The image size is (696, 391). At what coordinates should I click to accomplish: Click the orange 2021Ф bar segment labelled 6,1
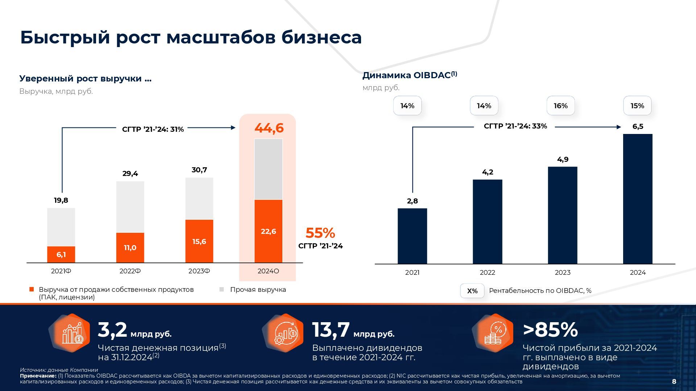click(x=61, y=255)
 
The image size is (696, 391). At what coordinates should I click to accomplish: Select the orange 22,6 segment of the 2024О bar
click(x=268, y=231)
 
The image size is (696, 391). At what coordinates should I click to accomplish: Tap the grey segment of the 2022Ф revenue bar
click(x=130, y=207)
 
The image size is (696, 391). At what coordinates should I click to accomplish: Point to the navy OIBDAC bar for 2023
click(x=562, y=215)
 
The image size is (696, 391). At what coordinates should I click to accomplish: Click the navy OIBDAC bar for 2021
click(x=412, y=236)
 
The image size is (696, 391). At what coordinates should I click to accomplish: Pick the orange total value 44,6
click(x=269, y=128)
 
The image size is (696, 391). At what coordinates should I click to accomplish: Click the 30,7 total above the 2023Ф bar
click(x=199, y=170)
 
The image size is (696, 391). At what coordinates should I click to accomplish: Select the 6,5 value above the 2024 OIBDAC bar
click(x=638, y=126)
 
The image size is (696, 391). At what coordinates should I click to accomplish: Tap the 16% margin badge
click(x=560, y=106)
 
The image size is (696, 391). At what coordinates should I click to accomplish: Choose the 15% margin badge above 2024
click(x=637, y=106)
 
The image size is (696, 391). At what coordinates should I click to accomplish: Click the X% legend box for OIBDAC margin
click(x=472, y=291)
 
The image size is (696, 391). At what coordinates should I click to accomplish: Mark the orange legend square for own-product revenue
click(x=32, y=290)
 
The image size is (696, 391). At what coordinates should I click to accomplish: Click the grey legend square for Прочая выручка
click(x=222, y=290)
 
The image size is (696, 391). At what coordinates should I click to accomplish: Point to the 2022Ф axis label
click(x=130, y=271)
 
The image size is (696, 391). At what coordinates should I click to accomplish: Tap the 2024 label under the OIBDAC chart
click(x=638, y=273)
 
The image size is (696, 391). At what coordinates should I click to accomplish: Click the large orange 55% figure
click(x=320, y=233)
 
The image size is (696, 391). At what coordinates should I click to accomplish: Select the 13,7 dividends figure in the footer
click(x=331, y=330)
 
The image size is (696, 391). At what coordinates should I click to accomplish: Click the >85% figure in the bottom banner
click(x=550, y=330)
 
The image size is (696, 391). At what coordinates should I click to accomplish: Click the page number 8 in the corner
click(x=674, y=381)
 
